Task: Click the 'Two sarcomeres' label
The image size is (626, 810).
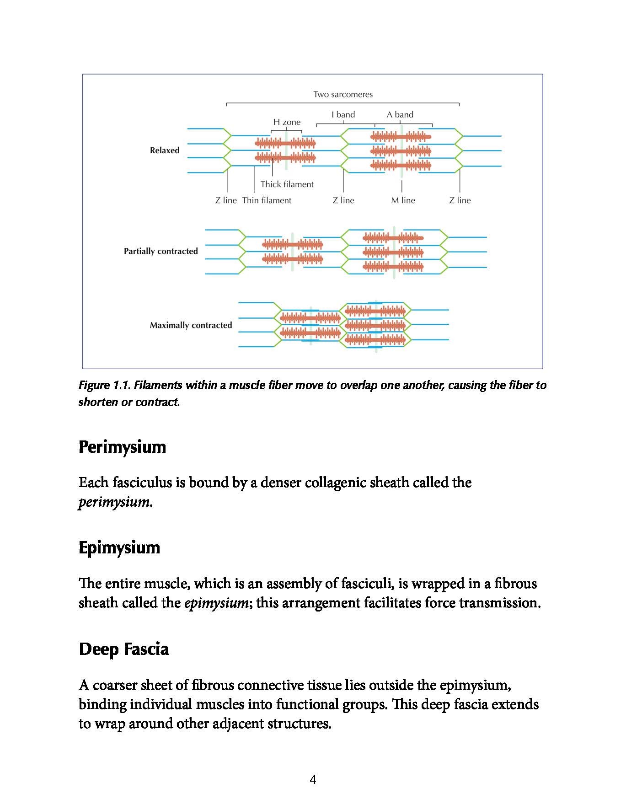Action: click(343, 95)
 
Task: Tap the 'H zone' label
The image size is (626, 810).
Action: click(287, 122)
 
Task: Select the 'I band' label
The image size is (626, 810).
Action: click(343, 114)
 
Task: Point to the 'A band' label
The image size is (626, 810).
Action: click(400, 114)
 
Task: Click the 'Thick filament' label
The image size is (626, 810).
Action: click(287, 184)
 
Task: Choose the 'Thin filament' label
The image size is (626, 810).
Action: click(267, 200)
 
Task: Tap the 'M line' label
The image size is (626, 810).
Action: click(403, 200)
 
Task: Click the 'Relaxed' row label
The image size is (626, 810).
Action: click(165, 150)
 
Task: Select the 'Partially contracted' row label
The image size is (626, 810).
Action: click(161, 251)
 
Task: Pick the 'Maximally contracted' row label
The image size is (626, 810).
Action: click(191, 325)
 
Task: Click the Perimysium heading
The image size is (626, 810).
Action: click(122, 447)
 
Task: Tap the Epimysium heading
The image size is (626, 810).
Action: click(119, 547)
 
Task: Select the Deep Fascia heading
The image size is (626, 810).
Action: click(123, 649)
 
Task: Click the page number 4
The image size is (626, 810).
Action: click(313, 779)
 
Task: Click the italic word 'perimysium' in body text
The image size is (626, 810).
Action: click(114, 502)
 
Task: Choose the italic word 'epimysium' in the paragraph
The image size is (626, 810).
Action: click(216, 603)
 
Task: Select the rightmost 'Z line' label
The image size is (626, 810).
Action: click(460, 200)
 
